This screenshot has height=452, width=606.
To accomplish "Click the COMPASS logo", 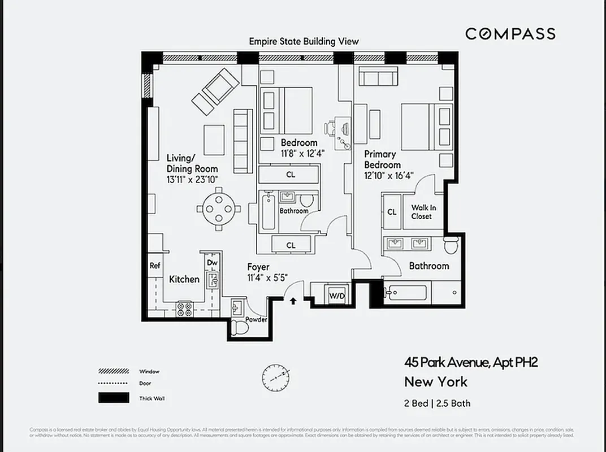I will (510, 34).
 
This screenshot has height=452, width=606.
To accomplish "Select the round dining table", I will (219, 208).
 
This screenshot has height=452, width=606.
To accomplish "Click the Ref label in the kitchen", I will (154, 266).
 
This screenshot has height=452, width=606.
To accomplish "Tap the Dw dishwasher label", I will (212, 263).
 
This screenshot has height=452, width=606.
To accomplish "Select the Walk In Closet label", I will (422, 212).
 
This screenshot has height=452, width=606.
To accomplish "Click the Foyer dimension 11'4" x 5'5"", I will (267, 277).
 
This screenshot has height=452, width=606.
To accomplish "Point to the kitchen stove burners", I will (185, 309).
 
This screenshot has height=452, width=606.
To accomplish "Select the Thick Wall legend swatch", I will (113, 398).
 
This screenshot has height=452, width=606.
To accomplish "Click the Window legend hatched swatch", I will (113, 371).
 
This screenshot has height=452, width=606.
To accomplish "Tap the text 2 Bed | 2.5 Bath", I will (437, 403).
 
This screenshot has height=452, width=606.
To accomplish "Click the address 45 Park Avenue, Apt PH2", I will (470, 362).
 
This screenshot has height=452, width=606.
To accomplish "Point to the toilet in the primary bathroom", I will (452, 246).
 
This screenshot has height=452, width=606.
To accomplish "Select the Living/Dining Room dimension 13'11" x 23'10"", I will (192, 179).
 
